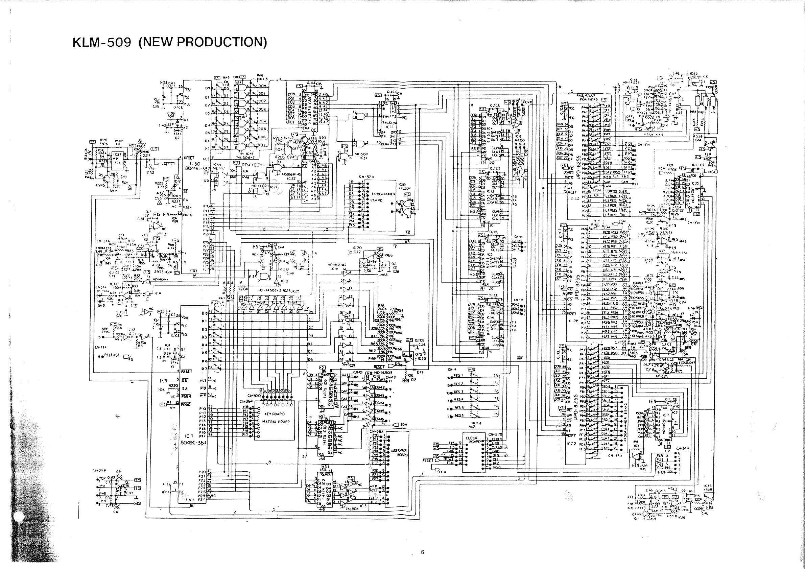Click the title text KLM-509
(x=102, y=42)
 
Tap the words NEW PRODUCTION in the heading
(x=203, y=42)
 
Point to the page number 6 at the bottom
(x=423, y=552)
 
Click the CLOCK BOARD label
(x=473, y=440)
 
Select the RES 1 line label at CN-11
(x=458, y=376)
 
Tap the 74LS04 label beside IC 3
(x=352, y=509)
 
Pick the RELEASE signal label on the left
(x=112, y=355)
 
